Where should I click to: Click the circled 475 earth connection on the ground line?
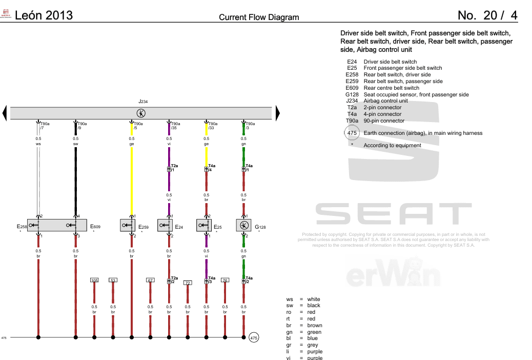point(254,337)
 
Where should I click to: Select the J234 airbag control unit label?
point(142,102)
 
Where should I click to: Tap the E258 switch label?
point(22,226)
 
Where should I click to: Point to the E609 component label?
point(95,226)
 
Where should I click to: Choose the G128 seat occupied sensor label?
point(260,226)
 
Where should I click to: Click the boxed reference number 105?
point(94,280)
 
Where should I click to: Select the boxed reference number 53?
point(113,280)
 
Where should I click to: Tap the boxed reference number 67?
point(150,280)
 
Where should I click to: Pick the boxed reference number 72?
point(188,283)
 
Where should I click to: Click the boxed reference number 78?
point(225,280)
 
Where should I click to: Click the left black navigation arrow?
point(5,113)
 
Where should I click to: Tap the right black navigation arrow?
point(278,113)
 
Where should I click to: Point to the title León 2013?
point(44,15)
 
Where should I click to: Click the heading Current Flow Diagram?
point(259,17)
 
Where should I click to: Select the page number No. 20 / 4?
point(487,15)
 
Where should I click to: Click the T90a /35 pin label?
point(175,126)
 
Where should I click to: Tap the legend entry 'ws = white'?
point(303,299)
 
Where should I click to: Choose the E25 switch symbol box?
point(207,225)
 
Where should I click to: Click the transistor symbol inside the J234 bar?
point(141,113)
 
